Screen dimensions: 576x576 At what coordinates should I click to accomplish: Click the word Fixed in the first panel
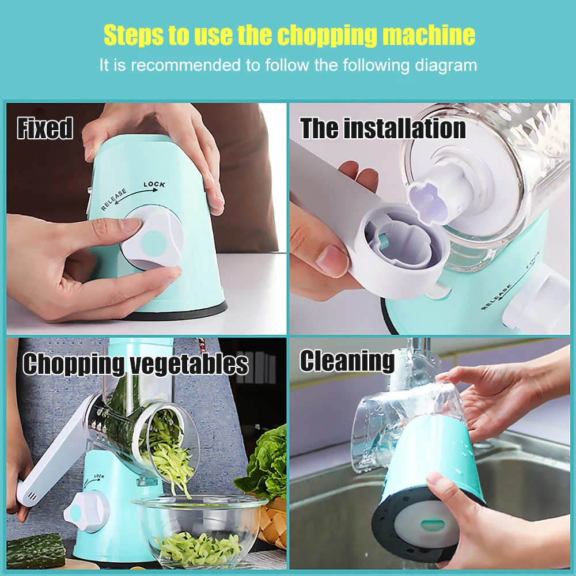[x=45, y=128]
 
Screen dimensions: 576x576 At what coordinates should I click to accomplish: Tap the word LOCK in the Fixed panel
[x=154, y=185]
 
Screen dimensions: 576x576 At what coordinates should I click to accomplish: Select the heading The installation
[x=382, y=128]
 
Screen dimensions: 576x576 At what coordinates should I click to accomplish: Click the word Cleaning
[x=347, y=361]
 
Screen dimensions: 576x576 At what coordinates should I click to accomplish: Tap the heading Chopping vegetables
[x=135, y=364]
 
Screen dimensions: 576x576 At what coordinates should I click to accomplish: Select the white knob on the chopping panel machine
[x=86, y=511]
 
